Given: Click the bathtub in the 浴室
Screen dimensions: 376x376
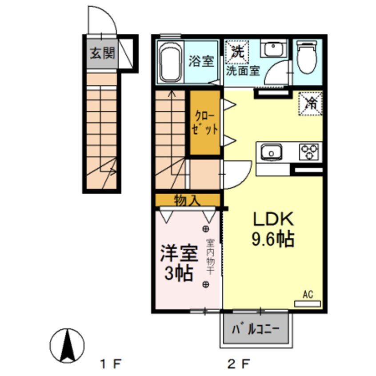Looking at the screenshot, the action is [x=170, y=62].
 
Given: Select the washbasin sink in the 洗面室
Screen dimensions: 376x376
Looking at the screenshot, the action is [x=274, y=48].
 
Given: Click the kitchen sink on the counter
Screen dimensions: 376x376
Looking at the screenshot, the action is [x=272, y=152].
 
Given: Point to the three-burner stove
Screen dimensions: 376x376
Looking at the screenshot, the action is [x=309, y=152].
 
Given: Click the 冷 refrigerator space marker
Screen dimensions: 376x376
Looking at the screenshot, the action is [x=311, y=104].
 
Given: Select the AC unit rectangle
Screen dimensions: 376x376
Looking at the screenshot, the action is [x=308, y=304].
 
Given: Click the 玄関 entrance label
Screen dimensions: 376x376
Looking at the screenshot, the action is [x=102, y=53].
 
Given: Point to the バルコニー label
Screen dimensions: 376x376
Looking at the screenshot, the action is [x=256, y=330].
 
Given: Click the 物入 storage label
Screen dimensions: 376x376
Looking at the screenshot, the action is [x=187, y=200].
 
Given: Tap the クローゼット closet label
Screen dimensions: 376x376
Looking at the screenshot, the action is [x=205, y=123].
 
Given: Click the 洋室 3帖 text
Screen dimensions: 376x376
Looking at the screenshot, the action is [x=179, y=263].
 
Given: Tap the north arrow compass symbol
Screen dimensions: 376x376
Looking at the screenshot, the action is [x=67, y=345].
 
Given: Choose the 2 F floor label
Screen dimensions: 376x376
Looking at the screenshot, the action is [x=239, y=365].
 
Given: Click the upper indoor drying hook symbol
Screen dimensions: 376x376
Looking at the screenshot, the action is [x=206, y=229].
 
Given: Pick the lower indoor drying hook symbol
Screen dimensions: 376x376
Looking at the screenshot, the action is [x=206, y=284].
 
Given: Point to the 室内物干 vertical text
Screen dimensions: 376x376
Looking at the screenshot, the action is [x=210, y=256].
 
